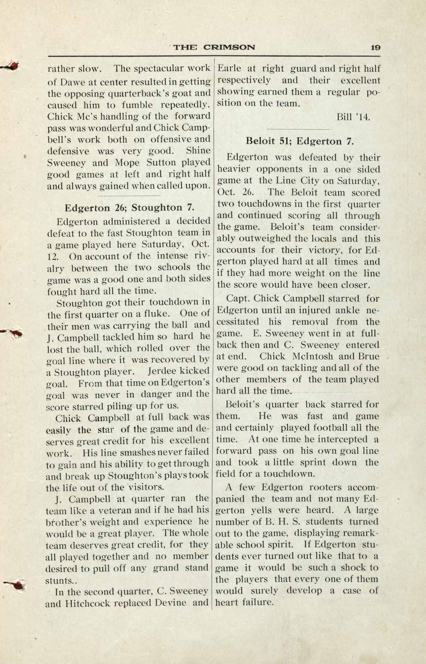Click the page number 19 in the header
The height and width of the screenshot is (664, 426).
coord(376,48)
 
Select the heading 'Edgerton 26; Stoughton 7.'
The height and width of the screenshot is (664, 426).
coord(129,207)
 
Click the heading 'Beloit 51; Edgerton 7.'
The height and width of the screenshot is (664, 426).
coord(299,141)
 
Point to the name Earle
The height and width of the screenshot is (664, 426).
coord(230,69)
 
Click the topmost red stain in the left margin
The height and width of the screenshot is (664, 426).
coord(13,66)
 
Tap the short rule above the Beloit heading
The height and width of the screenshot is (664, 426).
coord(298,129)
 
